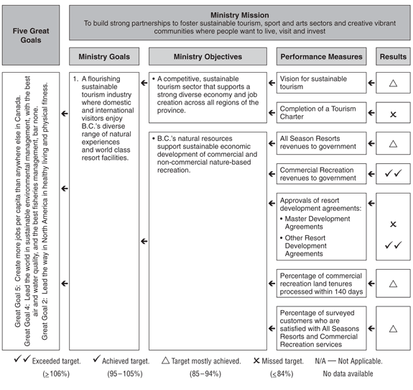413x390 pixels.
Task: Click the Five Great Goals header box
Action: pos(31,35)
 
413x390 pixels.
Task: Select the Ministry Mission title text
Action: pos(240,15)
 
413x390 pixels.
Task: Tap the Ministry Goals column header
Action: pos(104,56)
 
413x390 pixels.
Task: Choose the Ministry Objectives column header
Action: pos(208,56)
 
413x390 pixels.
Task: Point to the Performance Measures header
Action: pos(321,56)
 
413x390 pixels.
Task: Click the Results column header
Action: pos(393,56)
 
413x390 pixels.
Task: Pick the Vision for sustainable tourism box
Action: pos(321,83)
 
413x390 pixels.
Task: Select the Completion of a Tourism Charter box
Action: pos(321,113)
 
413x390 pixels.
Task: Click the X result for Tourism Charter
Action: pos(393,114)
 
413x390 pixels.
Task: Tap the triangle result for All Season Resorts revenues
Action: pos(393,144)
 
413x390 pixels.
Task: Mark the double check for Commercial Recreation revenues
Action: pos(393,173)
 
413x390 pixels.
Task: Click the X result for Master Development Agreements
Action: pos(393,225)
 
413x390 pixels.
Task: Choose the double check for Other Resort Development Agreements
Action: pos(393,245)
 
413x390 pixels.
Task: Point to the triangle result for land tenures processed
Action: pos(393,284)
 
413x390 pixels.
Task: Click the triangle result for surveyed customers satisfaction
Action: pos(393,329)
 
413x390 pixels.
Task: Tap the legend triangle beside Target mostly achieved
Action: pos(165,360)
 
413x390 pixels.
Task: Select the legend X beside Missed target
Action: pos(256,360)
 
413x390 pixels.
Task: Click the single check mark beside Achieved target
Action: pos(97,358)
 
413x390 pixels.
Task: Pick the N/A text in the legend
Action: pos(320,360)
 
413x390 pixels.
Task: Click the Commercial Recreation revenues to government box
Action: pos(321,174)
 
